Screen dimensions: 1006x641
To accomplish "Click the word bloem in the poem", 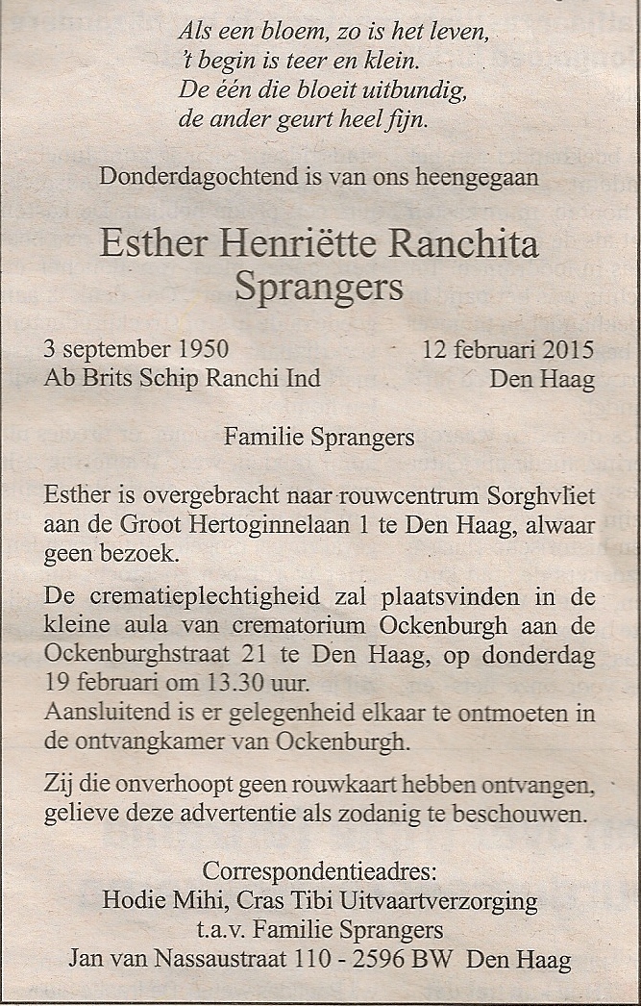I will pyautogui.click(x=266, y=31).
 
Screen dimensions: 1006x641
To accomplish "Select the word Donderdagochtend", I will pyautogui.click(x=182, y=177).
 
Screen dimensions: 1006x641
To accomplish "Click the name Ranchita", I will pyautogui.click(x=461, y=242).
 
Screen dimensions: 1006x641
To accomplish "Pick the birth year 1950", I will pyautogui.click(x=203, y=349).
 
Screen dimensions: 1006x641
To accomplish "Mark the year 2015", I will pyautogui.click(x=570, y=349).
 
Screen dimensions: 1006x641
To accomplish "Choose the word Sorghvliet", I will pyautogui.click(x=542, y=496).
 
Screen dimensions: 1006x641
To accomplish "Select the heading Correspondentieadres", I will pyautogui.click(x=320, y=873).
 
